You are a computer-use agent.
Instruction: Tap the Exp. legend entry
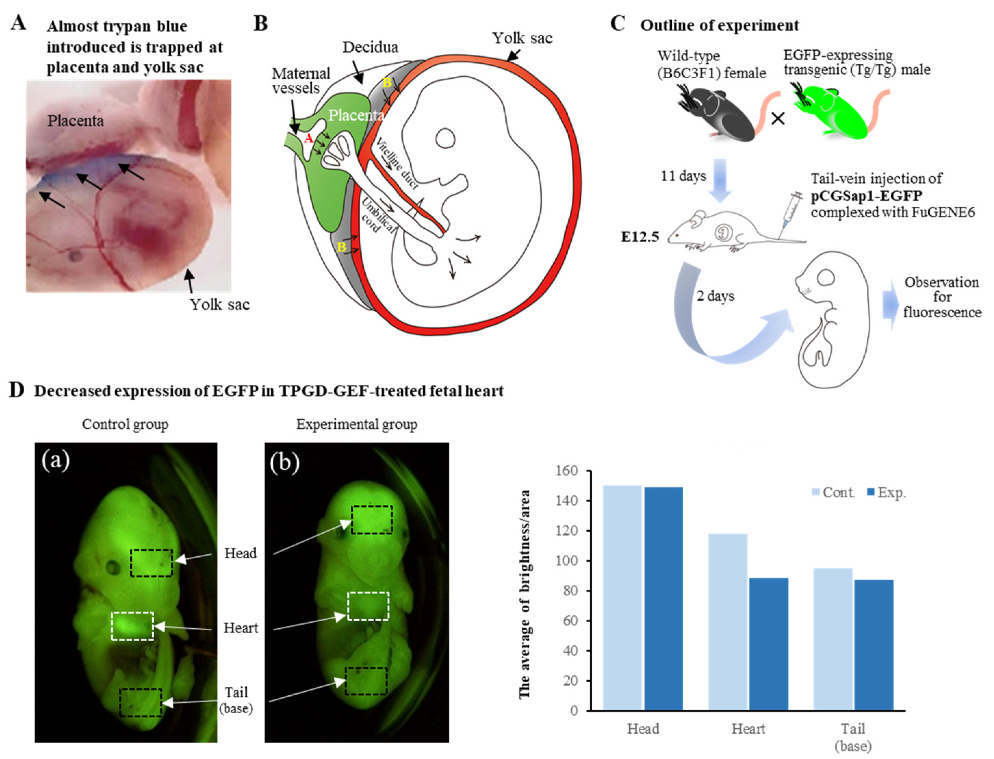(x=887, y=492)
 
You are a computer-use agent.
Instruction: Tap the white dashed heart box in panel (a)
(x=133, y=626)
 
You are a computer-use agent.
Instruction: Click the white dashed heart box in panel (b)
(x=368, y=606)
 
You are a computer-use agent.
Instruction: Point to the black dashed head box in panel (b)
(x=372, y=520)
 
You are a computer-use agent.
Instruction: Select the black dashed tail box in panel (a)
(x=141, y=703)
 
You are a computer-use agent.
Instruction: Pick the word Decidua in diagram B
(x=370, y=47)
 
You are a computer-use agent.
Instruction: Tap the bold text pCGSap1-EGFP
(x=866, y=195)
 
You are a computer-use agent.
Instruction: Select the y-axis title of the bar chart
(x=524, y=594)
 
